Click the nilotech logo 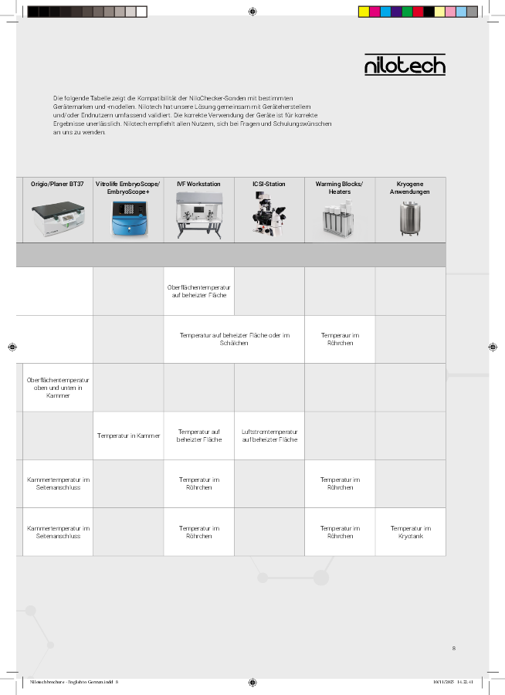coord(405,65)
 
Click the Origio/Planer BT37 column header coord(58,185)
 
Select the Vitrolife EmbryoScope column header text coord(128,188)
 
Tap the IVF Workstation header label coord(198,185)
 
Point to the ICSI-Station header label coord(269,185)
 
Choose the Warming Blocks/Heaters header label coord(339,188)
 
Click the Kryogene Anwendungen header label coord(410,188)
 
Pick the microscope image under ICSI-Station coord(269,214)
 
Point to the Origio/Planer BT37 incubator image coord(58,219)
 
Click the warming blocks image coord(339,219)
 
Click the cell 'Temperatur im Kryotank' coord(410,532)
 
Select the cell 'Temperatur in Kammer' coord(128,436)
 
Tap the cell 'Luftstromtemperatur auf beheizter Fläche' coord(269,436)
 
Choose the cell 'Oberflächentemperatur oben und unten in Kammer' coord(58,388)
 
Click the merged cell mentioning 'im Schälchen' coord(234,339)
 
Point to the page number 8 coord(453,648)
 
